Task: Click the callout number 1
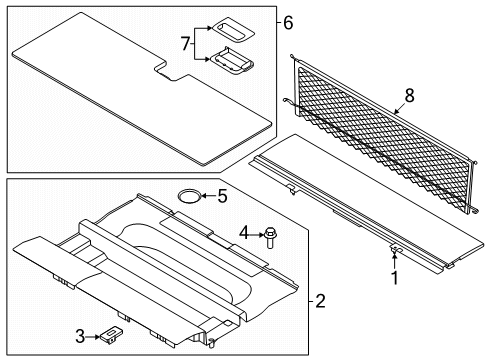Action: click(x=393, y=279)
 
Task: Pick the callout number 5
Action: click(x=224, y=195)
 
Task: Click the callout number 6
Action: click(x=287, y=22)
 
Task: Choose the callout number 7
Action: click(x=183, y=44)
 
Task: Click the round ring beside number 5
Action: click(x=187, y=195)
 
